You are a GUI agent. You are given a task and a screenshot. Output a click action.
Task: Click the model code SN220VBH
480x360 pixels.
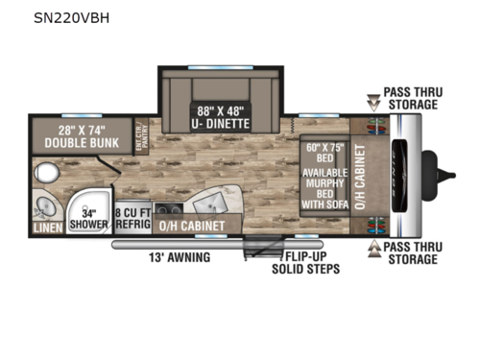click(71, 17)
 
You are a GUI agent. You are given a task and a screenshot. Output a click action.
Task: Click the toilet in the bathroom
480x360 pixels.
click(45, 173)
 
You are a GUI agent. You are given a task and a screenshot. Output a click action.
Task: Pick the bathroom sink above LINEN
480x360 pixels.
click(44, 205)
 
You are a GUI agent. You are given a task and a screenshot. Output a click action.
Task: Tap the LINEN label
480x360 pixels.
click(48, 228)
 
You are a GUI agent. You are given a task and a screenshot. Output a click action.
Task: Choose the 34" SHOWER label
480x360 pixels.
click(91, 219)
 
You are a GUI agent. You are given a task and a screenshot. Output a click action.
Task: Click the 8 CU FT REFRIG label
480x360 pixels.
click(132, 219)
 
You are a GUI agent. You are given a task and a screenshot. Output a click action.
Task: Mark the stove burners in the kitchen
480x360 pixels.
click(169, 210)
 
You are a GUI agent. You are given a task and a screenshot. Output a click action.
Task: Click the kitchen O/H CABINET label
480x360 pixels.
click(192, 227)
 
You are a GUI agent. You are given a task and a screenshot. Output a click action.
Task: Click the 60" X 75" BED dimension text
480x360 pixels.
click(324, 153)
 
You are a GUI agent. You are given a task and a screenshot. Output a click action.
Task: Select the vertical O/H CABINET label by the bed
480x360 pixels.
click(361, 177)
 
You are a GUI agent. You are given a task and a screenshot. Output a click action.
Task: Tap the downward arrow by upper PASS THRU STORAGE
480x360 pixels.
click(373, 101)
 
